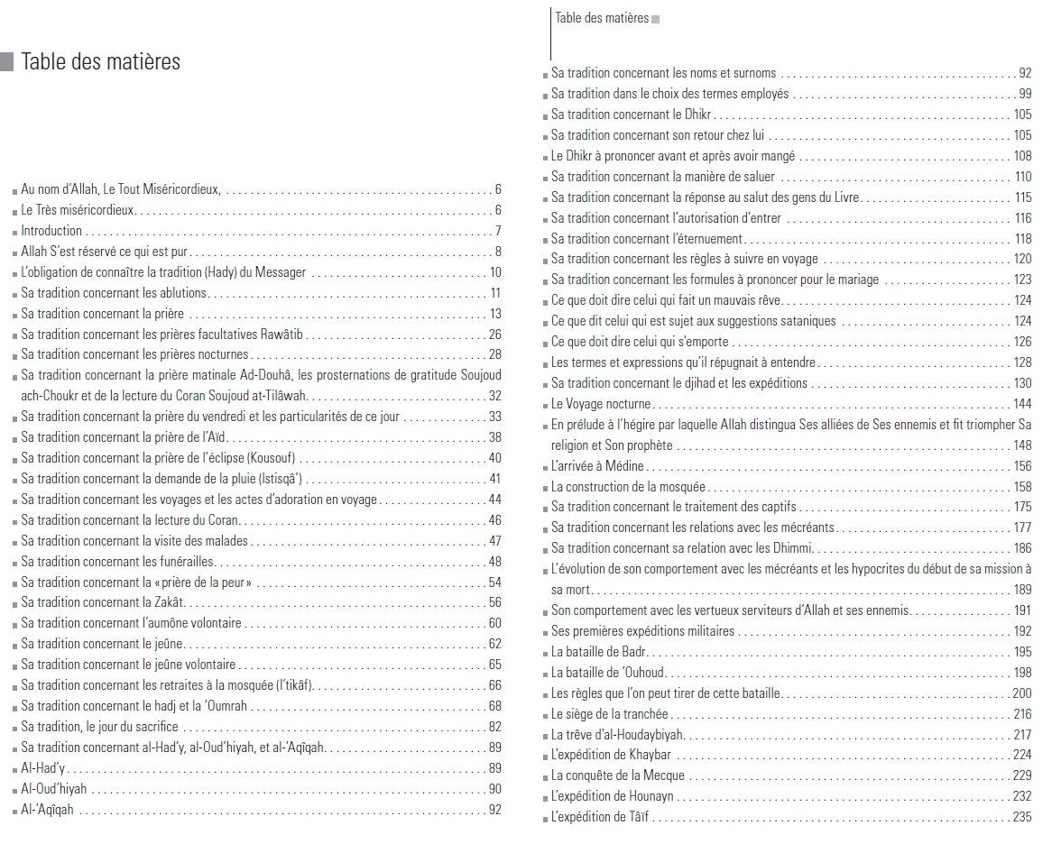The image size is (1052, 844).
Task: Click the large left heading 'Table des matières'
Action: point(100,62)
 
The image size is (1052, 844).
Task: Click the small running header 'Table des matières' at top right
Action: point(602,18)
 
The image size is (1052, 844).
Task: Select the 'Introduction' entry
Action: point(51,231)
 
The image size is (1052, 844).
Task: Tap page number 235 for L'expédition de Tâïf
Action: point(1021,818)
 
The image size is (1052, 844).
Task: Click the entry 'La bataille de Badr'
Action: point(599,652)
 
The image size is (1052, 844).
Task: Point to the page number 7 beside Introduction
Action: point(498,231)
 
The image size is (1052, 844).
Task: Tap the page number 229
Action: point(1021,776)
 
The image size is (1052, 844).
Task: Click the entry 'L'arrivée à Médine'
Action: point(597,466)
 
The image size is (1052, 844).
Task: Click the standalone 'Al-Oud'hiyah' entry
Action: point(54,789)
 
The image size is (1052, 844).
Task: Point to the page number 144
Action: point(1021,404)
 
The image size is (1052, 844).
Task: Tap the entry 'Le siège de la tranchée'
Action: point(610,714)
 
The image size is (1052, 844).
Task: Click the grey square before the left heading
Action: point(7,62)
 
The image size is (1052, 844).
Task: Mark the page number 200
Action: point(1021,693)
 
